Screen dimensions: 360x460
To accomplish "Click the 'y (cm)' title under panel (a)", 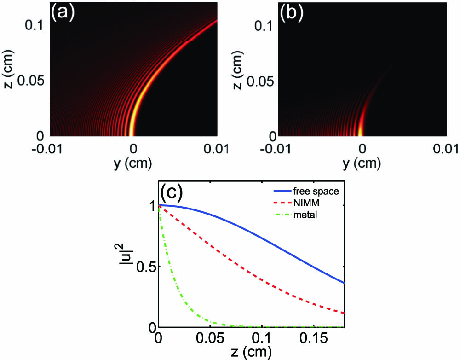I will click(133, 163).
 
